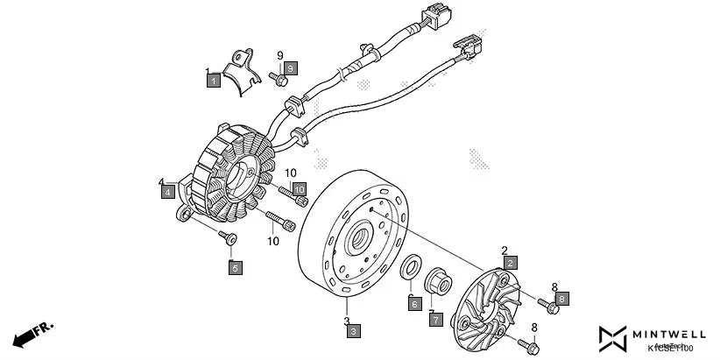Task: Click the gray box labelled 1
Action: pos(212,81)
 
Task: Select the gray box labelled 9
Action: pos(291,67)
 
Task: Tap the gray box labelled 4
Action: pos(166,193)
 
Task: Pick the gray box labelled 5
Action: pos(235,268)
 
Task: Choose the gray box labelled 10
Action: pos(299,188)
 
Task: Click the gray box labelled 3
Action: pos(351,330)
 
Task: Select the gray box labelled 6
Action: pos(414,303)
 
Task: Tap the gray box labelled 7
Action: pos(435,320)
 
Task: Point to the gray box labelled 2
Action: pos(510,261)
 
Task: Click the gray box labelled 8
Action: pos(561,299)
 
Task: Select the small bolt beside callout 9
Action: pos(279,81)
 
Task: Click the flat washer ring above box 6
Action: pos(410,268)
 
